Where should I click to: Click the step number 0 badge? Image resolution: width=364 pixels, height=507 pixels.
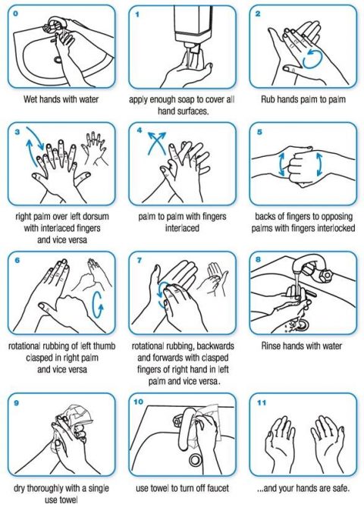pyautogui.click(x=17, y=14)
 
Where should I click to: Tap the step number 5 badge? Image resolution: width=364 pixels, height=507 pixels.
pyautogui.click(x=259, y=131)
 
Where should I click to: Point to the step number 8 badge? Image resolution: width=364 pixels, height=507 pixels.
pyautogui.click(x=259, y=260)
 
